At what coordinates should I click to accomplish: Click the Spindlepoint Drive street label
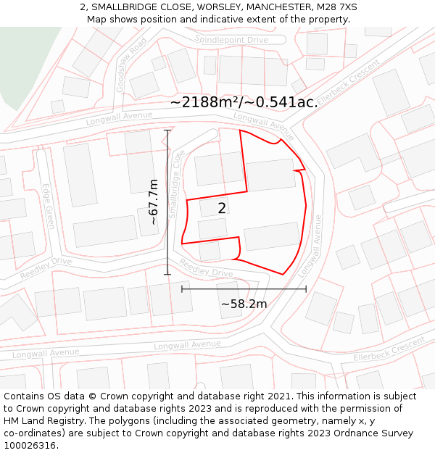231,40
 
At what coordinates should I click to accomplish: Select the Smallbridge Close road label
176,184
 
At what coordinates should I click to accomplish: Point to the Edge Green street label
49,206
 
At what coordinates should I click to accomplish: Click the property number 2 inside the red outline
222,208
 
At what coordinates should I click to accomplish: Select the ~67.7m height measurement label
153,201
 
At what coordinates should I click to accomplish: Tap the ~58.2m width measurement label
244,304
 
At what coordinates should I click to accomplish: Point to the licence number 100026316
30,446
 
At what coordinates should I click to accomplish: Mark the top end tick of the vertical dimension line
167,130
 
